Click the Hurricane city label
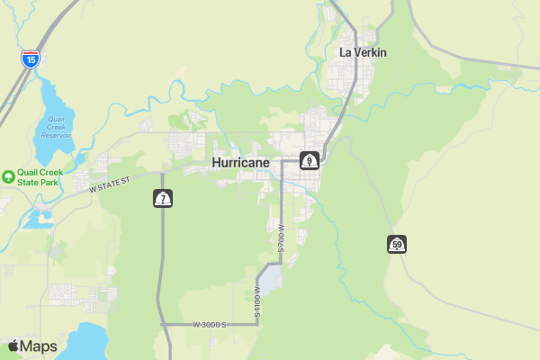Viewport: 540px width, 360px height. click(x=240, y=163)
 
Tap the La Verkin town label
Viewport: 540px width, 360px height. click(x=363, y=52)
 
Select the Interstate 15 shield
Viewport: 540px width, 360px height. click(x=31, y=60)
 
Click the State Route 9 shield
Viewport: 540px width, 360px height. click(x=310, y=161)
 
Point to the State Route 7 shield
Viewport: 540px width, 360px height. click(x=163, y=198)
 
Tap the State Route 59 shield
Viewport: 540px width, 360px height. click(x=397, y=244)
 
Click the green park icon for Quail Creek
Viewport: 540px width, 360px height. click(x=8, y=176)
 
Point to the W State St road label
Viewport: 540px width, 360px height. click(x=111, y=184)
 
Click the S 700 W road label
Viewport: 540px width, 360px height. click(x=281, y=238)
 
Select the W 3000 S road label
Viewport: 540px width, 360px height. click(x=209, y=324)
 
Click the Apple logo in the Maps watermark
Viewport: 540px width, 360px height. click(x=13, y=346)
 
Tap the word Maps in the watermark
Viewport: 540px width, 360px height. click(x=39, y=346)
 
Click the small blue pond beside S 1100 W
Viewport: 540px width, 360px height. click(x=270, y=277)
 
